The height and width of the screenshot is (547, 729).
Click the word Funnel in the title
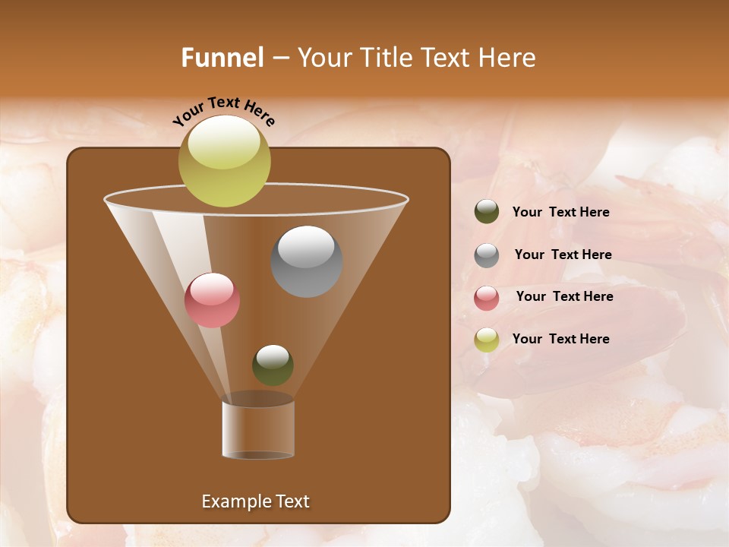[x=222, y=58]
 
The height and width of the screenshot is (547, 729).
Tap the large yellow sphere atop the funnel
[x=224, y=160]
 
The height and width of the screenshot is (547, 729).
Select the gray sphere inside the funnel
[x=307, y=261]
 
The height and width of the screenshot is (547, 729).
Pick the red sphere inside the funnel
[x=212, y=300]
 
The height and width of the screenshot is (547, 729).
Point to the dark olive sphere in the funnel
[x=273, y=365]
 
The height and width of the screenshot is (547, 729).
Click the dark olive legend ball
[x=487, y=212]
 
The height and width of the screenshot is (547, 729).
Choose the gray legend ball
[x=487, y=255]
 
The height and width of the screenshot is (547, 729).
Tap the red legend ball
[x=487, y=297]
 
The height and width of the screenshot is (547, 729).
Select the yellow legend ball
[x=487, y=339]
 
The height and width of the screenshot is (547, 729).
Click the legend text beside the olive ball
[x=560, y=212]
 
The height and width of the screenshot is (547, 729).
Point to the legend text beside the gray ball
[x=563, y=255]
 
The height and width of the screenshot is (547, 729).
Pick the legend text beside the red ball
[x=564, y=296]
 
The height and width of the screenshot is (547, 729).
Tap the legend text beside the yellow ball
[x=560, y=339]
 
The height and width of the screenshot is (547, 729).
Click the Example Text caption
[x=255, y=501]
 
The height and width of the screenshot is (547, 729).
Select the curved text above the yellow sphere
[x=223, y=110]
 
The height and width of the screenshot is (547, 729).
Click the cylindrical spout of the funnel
[x=257, y=429]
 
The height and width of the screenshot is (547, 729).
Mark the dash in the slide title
[x=279, y=58]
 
